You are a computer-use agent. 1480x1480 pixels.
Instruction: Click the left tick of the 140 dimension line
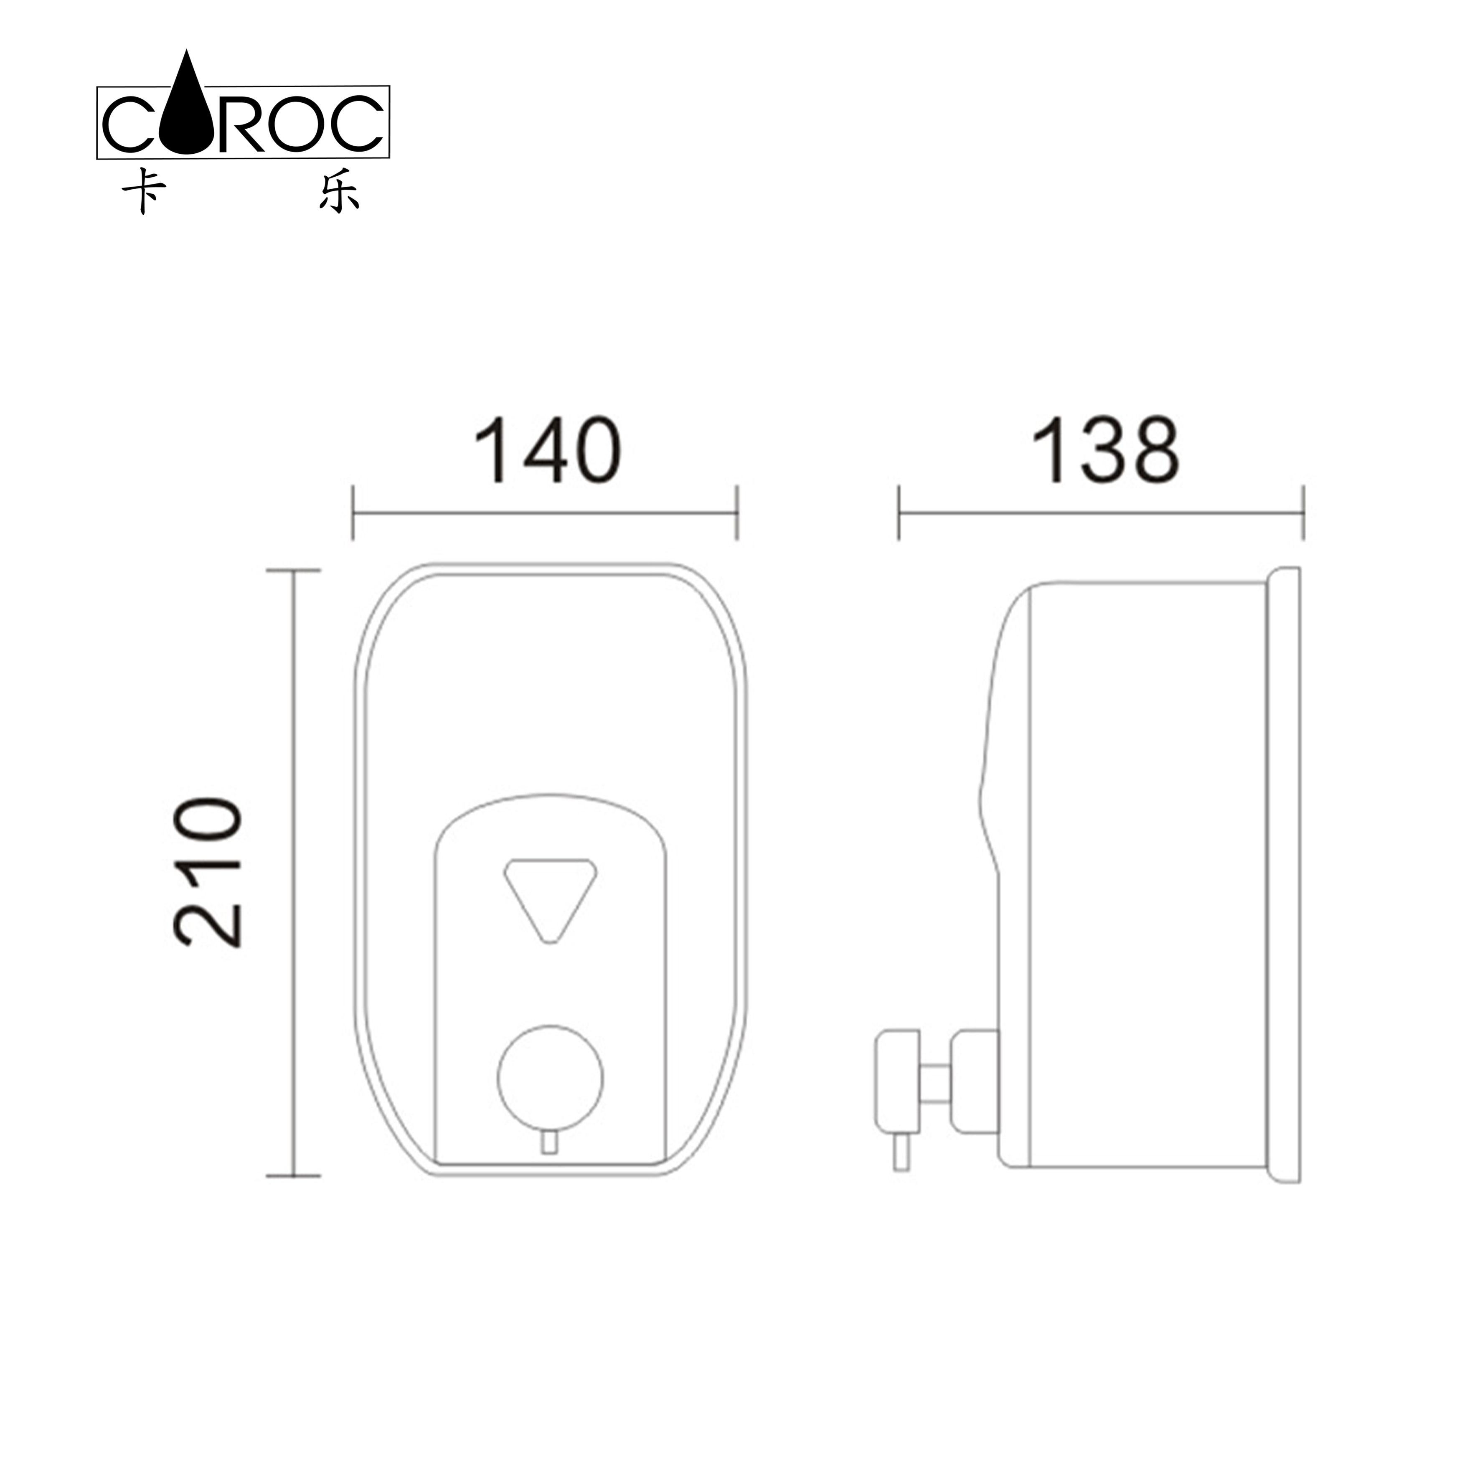coord(353,513)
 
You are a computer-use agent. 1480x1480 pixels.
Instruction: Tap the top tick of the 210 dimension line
coord(293,571)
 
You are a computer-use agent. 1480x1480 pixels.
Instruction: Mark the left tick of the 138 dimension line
coord(899,513)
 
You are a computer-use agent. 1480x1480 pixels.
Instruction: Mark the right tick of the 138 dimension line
coord(1303,513)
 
